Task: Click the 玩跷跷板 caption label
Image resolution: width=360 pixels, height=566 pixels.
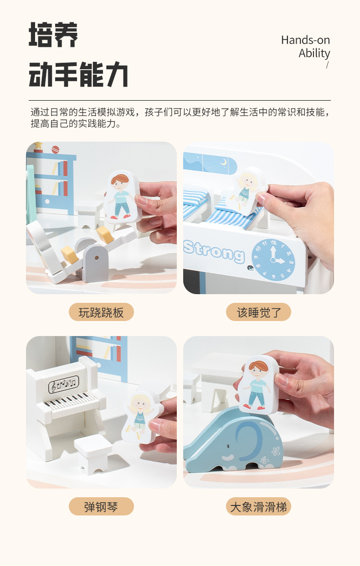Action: pos(101,312)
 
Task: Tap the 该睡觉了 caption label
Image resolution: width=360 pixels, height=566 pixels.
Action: pos(258,312)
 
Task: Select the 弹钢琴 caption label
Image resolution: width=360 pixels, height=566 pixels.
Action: pos(101,507)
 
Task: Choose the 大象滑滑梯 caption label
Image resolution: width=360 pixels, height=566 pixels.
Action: pos(258,507)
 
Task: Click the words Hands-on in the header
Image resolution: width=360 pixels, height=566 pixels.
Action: pos(305,40)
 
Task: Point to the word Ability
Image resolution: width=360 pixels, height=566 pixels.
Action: pos(314,53)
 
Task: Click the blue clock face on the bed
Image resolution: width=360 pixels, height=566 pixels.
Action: pos(273,260)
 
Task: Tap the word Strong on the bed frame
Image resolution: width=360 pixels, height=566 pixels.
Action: pos(214,252)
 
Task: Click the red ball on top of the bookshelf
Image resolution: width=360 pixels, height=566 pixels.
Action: pos(55,149)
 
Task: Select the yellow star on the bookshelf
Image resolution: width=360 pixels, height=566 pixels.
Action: pos(38,145)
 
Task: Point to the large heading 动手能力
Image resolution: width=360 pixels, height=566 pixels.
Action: pos(78,74)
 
